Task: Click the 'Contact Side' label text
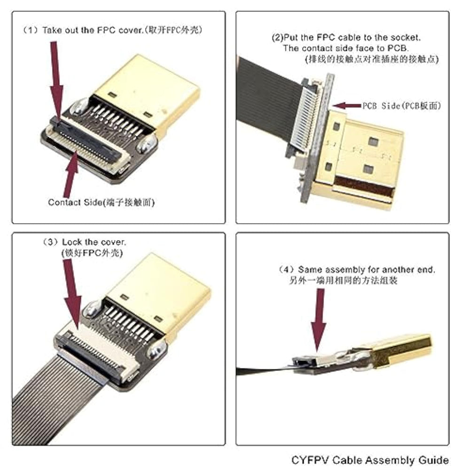[75, 203]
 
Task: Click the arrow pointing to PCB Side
[347, 105]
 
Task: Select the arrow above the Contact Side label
[71, 174]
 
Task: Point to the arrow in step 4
[319, 320]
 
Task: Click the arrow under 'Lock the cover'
[72, 294]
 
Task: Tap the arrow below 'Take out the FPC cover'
[56, 80]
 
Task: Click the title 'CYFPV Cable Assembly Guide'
[370, 460]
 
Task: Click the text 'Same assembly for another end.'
[366, 270]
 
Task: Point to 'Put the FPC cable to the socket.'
[352, 38]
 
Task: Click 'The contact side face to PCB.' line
[346, 48]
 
